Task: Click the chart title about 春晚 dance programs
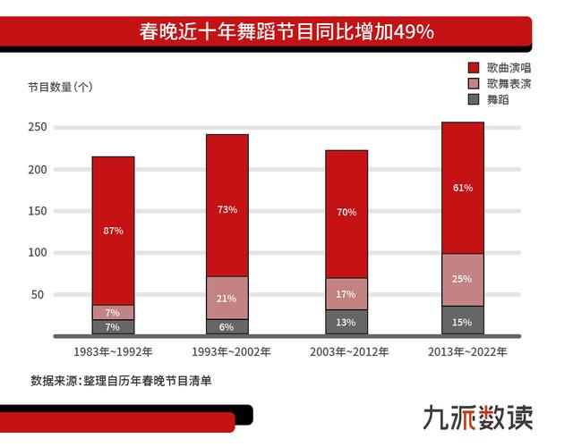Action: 286,33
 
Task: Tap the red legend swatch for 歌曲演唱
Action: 475,68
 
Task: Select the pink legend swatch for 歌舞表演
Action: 475,83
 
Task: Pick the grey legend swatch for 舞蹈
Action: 475,99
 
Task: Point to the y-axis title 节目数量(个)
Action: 60,87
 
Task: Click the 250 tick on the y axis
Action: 37,128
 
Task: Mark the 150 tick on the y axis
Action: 37,211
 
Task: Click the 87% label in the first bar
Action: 114,231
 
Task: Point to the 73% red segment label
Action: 227,209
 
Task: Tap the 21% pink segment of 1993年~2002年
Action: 227,298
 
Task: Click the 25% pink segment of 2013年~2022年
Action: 463,279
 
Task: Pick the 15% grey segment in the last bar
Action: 463,321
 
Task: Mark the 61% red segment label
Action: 463,188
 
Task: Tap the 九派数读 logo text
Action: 479,417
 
